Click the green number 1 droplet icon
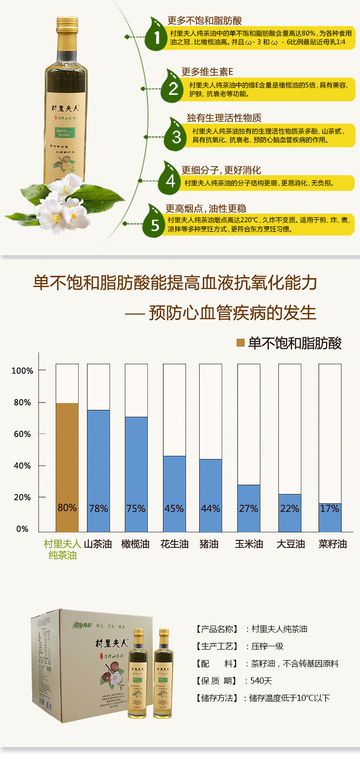coord(156,35)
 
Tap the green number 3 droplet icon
coord(175,136)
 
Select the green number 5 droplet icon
coord(155,223)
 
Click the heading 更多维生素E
coord(207,71)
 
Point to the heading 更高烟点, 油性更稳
coord(206,208)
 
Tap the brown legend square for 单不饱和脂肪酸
coord(241,343)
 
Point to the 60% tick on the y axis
coord(22,434)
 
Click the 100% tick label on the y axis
coord(22,371)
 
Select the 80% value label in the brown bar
coord(67,508)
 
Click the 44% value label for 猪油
coord(210,509)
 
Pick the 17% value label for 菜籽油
coord(330,509)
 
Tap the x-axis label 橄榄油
coord(135,544)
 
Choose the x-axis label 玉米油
coord(249,544)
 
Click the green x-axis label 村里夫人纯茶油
coord(62,549)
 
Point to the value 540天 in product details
coord(261,681)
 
